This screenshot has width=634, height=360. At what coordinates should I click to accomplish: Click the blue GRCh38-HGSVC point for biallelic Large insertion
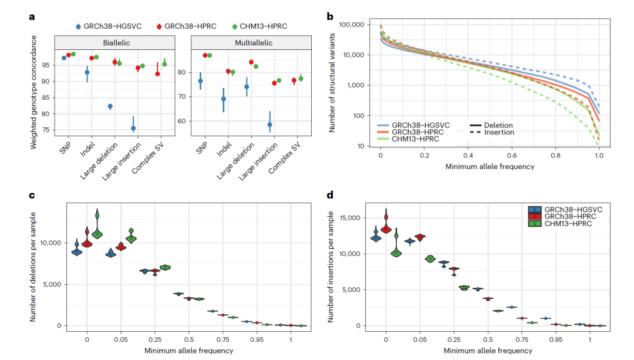[x=133, y=127]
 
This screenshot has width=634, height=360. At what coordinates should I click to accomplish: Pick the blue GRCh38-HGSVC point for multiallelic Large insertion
[x=269, y=125]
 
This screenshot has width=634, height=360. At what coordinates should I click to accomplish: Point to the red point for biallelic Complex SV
[x=157, y=73]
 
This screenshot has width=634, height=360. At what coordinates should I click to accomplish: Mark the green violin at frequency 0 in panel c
[x=97, y=233]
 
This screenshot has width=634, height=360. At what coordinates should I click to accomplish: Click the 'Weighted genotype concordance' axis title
[x=34, y=92]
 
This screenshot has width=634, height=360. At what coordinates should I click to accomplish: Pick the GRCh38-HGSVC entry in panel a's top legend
[x=112, y=26]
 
